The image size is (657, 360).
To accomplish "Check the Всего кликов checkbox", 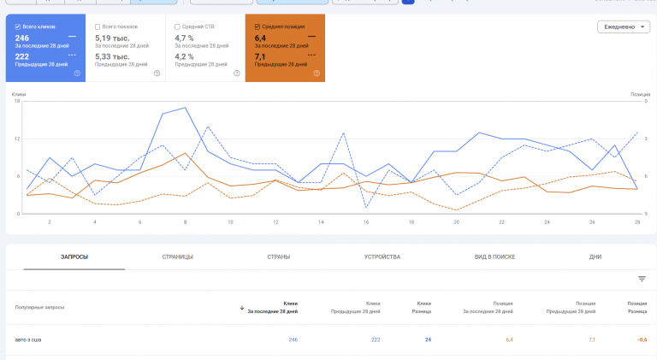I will tap(18, 27).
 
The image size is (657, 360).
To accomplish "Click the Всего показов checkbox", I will tap(98, 27).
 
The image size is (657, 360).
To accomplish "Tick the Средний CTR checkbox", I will tap(177, 27).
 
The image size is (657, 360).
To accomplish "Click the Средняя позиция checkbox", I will tap(257, 27).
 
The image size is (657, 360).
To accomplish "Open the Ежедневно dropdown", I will tap(623, 27).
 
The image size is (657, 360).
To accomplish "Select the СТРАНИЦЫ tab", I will tap(178, 257).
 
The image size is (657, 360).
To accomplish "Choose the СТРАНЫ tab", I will tap(278, 257).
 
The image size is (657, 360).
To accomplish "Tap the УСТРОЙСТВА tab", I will tap(382, 257).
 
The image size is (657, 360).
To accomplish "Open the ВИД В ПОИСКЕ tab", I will tap(495, 257).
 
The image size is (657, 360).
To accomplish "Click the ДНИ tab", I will tap(595, 257).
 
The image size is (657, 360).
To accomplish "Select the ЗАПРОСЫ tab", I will tap(74, 257).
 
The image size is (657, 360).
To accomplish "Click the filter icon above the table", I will tap(642, 279).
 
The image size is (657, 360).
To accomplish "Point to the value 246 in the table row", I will tap(293, 339).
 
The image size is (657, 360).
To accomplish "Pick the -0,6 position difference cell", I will tap(641, 339).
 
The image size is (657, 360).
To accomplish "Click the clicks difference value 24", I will tap(427, 339).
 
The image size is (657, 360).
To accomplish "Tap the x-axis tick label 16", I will tap(366, 222).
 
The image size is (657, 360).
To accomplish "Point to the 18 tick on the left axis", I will tap(17, 101).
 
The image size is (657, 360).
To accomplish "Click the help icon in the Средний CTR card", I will tap(236, 74).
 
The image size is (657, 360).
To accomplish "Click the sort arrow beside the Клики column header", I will tap(242, 307).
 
